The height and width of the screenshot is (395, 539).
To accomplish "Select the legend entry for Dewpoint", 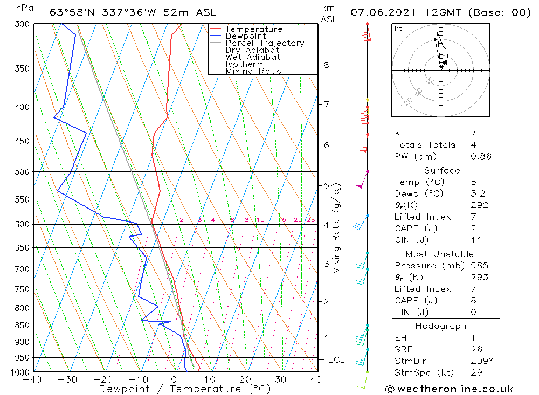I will (245, 36).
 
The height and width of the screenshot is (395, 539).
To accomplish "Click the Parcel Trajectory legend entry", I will (264, 43).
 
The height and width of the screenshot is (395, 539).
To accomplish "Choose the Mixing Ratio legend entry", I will (253, 71).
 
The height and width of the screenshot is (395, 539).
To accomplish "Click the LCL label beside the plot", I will (336, 360).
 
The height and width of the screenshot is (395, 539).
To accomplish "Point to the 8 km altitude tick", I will (326, 65).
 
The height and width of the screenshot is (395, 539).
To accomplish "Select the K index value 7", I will (473, 133).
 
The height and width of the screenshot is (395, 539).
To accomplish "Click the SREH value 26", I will (476, 349).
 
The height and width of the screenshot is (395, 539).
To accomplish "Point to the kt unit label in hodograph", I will (398, 29).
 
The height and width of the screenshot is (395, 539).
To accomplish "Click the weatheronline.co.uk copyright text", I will (449, 389).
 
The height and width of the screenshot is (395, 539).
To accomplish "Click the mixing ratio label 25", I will (310, 220).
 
